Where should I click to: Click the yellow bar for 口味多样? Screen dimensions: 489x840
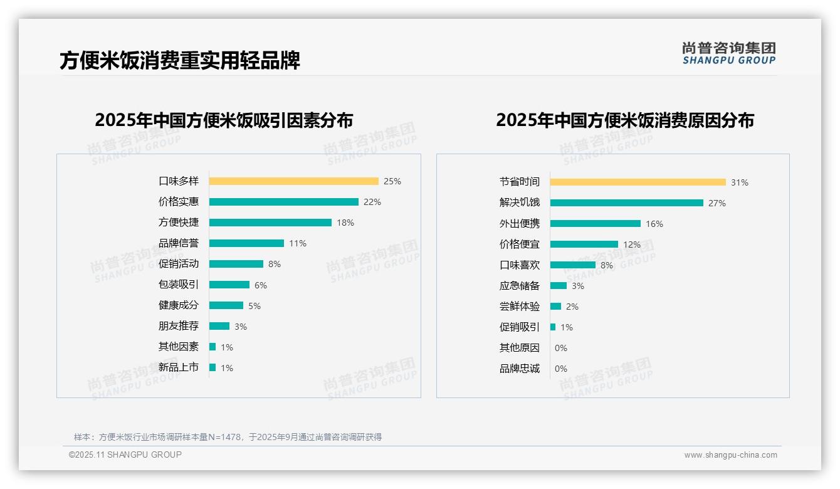[x=293, y=181]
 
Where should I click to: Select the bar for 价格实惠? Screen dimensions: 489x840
[x=283, y=202]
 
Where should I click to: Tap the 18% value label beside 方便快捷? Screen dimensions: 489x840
[x=345, y=223]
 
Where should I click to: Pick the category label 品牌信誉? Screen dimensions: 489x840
[x=178, y=243]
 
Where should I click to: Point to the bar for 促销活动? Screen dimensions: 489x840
[x=236, y=264]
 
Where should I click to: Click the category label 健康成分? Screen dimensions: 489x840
[x=178, y=305]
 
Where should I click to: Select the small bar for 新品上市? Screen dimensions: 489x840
[x=213, y=367]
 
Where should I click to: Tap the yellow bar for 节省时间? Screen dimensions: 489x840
[x=638, y=182]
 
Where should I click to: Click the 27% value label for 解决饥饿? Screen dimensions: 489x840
[x=717, y=203]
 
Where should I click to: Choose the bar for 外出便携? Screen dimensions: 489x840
[x=596, y=224]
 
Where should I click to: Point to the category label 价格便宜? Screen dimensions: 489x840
[x=519, y=244]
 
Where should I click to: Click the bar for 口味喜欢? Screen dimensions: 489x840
[x=573, y=265]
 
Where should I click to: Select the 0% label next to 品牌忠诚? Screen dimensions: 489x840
[x=561, y=369]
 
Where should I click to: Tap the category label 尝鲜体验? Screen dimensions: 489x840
[x=519, y=307]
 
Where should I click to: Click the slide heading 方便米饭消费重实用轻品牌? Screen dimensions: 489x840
[x=180, y=60]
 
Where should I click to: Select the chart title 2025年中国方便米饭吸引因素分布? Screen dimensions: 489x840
[x=224, y=120]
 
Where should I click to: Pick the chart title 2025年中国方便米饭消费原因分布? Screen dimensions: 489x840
[x=625, y=120]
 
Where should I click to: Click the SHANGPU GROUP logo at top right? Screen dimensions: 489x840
[x=728, y=53]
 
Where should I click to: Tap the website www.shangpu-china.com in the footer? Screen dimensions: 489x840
[x=730, y=455]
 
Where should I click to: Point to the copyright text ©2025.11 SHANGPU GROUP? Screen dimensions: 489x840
[x=125, y=455]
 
